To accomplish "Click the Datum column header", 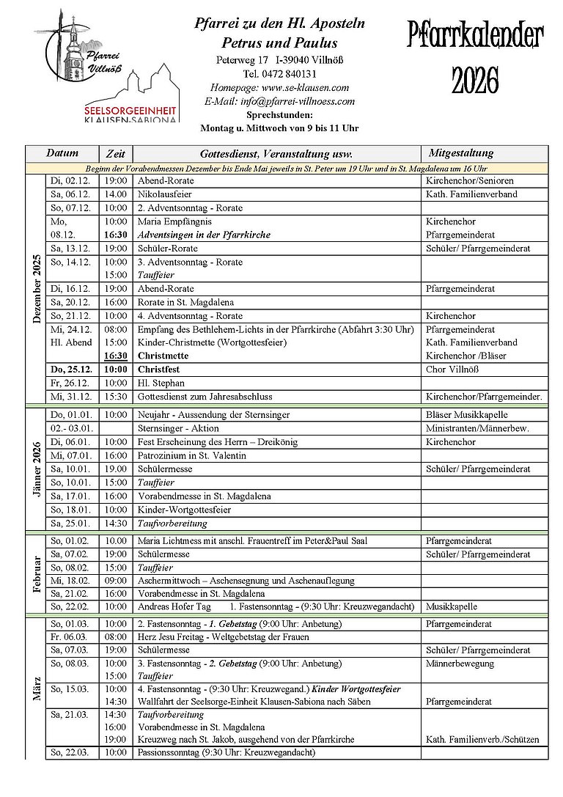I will (62, 154).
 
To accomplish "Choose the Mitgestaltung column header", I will (461, 154).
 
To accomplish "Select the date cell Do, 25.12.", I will (71, 370).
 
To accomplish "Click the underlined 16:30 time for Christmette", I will (115, 356).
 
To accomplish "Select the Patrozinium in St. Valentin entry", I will (191, 456).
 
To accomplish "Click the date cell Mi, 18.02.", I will (70, 580).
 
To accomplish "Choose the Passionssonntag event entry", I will (226, 753).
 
